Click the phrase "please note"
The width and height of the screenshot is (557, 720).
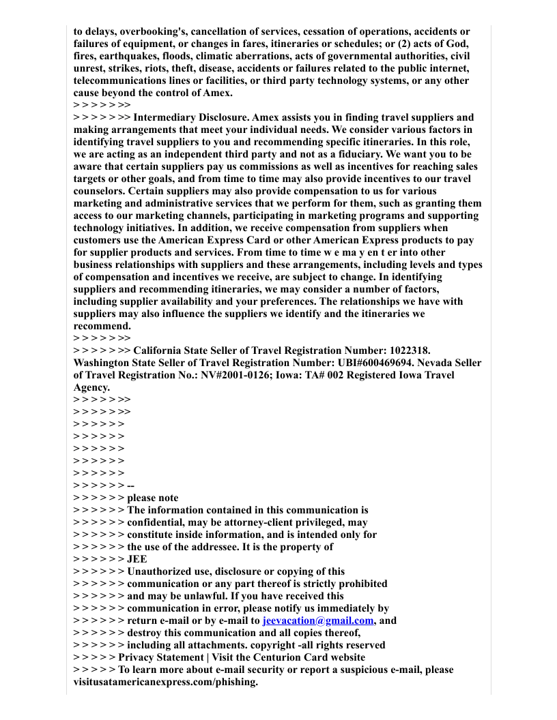click(x=153, y=498)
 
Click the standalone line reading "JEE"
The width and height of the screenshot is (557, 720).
click(x=137, y=560)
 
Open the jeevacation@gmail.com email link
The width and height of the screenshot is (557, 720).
click(x=318, y=621)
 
